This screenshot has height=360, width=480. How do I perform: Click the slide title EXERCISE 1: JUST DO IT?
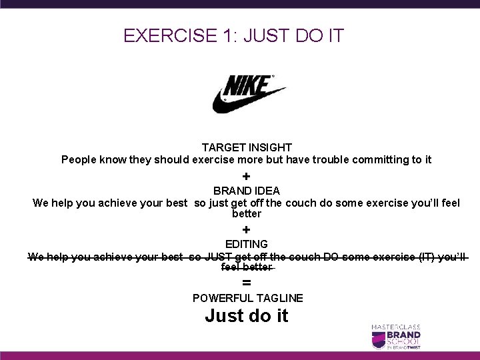233,35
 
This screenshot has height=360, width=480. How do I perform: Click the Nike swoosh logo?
248,93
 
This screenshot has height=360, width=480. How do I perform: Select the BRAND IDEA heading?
246,191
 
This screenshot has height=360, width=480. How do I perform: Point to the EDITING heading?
246,244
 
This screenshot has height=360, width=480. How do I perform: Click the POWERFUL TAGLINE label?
247,298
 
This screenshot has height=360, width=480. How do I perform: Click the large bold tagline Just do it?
247,315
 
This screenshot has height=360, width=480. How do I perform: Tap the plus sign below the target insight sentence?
246,177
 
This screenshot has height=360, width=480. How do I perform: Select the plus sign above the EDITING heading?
246,229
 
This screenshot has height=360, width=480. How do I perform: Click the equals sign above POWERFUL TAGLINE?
246,283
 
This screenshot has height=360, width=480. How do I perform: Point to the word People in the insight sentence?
79,160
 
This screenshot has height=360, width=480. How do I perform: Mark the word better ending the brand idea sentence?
246,214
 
